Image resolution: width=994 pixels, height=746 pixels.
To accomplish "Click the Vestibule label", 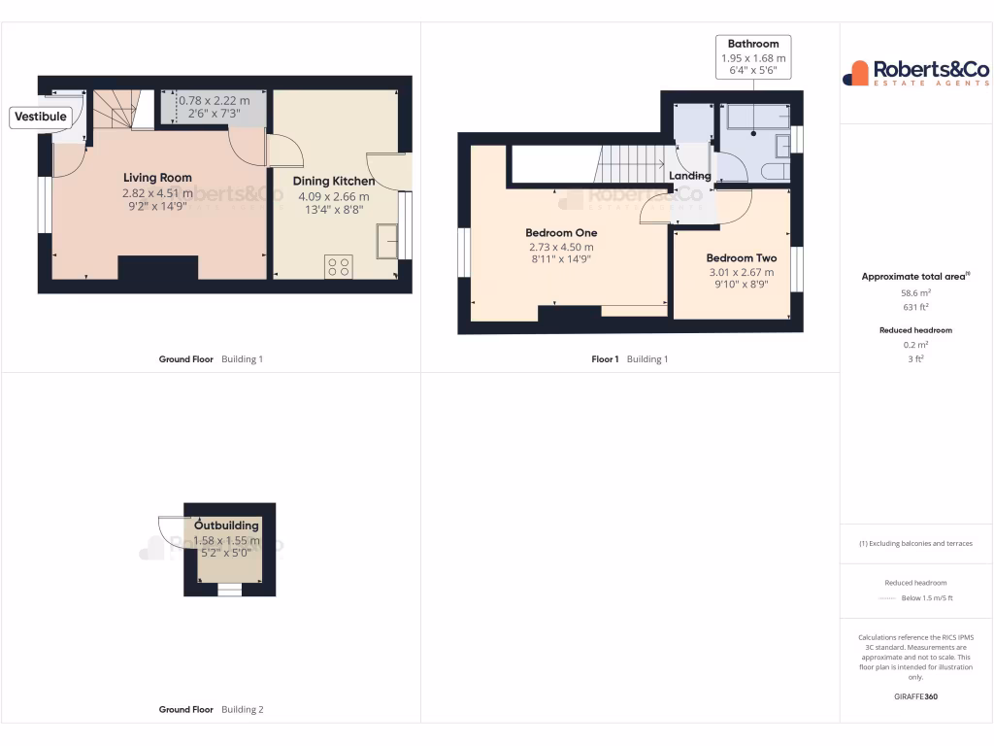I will coord(40,118).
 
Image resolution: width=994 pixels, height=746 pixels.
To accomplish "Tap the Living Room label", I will coord(157,178).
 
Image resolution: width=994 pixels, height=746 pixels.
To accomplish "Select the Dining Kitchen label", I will coord(334,181).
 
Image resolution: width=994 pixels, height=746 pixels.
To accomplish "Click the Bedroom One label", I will coord(561,233).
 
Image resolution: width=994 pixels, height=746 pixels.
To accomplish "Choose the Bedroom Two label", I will coord(741,258).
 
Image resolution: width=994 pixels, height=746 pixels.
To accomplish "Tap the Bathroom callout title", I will coord(753,44).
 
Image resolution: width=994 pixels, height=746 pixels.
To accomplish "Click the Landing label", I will coord(690,176).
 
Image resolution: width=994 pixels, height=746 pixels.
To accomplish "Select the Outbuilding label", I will coord(226,526).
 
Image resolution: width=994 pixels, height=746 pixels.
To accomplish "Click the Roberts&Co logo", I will coord(916,73).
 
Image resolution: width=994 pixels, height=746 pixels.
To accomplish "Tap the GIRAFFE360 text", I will coord(916,696).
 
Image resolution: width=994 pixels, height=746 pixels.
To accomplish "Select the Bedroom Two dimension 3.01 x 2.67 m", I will coord(741,273).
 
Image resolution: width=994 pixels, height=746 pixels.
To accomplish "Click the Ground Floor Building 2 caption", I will coord(211,710).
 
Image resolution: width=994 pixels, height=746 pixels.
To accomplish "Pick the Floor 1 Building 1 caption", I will coord(630,359).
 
